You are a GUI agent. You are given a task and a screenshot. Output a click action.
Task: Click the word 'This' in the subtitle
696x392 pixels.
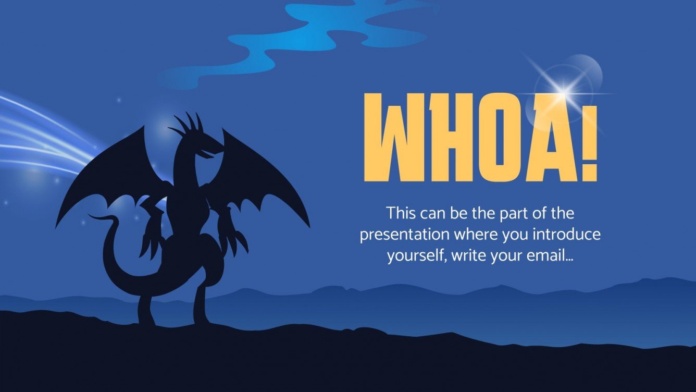(x=401, y=213)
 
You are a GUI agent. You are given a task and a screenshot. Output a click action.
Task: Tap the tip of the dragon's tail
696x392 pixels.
(x=91, y=216)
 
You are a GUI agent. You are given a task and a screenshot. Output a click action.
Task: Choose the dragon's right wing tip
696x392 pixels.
(x=307, y=224)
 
